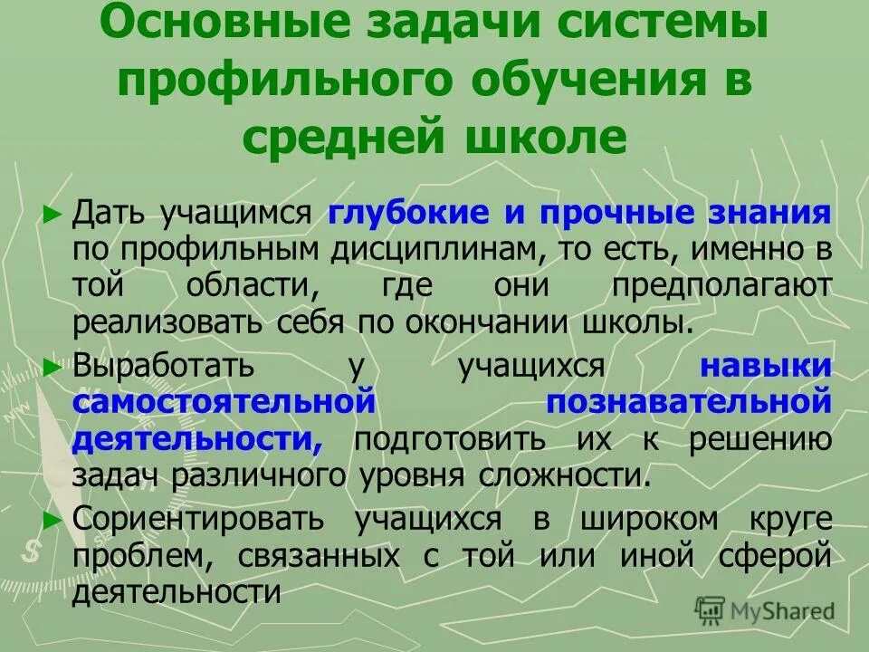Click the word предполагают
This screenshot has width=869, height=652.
(x=721, y=286)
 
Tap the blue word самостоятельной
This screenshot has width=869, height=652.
(x=224, y=402)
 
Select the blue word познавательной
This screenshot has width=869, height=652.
(x=688, y=402)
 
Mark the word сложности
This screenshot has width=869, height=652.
(x=574, y=475)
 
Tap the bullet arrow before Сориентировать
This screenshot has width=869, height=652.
(x=53, y=519)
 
